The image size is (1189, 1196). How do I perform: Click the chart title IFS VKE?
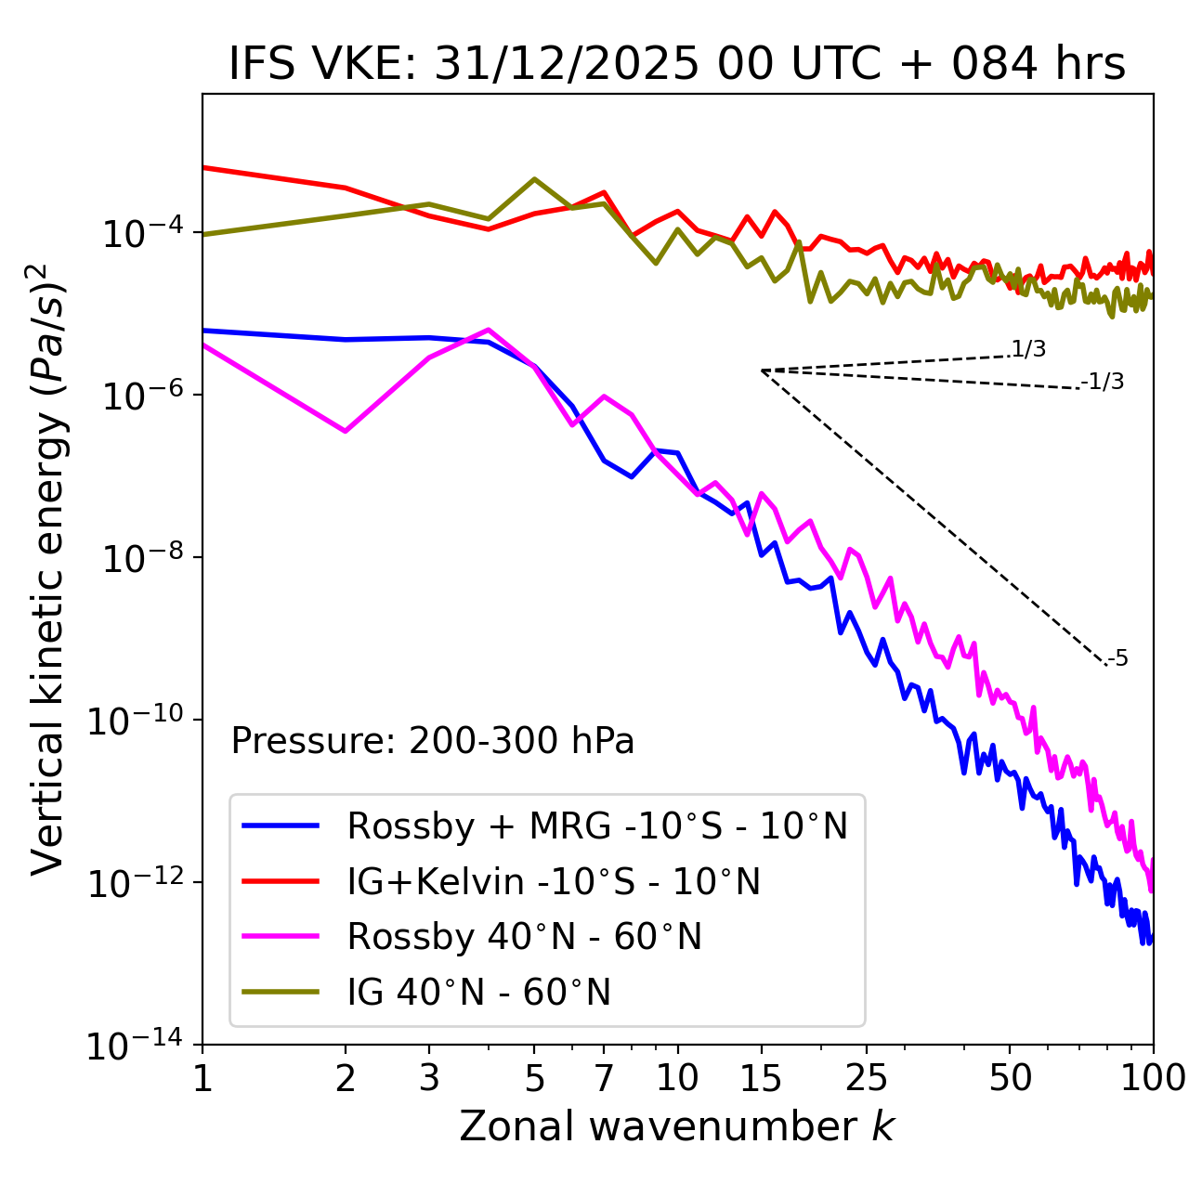click(677, 65)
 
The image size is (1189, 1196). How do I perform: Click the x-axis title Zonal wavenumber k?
click(677, 1125)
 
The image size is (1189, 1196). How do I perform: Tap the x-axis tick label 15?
click(761, 1078)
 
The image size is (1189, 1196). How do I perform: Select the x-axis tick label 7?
click(604, 1078)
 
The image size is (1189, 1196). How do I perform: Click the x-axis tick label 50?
click(1010, 1078)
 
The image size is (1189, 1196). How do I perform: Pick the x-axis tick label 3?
click(428, 1078)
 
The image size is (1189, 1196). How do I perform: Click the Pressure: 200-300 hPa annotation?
click(433, 741)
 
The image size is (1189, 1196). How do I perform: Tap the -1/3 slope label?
click(1104, 382)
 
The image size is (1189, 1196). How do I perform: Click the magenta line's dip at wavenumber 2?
click(346, 431)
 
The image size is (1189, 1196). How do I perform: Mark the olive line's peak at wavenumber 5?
click(534, 179)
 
